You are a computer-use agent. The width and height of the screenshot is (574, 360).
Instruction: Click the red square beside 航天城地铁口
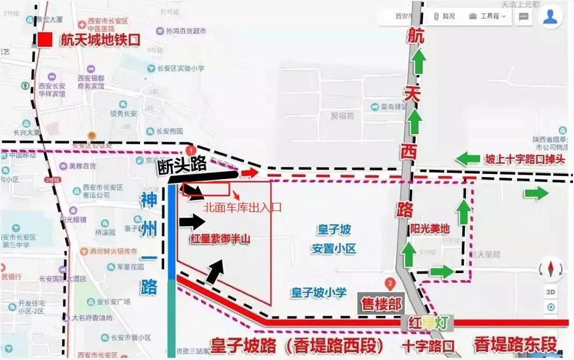point(45,40)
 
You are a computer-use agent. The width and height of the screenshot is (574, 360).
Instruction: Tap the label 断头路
point(182,165)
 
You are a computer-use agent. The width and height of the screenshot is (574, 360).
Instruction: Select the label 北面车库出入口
point(242,207)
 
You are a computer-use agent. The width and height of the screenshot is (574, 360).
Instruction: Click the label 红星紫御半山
point(219,240)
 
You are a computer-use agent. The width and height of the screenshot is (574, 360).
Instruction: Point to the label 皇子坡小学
point(317,293)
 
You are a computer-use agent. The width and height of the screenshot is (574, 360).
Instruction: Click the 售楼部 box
point(380,304)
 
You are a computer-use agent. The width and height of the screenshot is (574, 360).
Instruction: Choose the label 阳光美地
point(430,228)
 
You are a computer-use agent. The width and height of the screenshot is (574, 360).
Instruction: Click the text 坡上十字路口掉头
point(525,159)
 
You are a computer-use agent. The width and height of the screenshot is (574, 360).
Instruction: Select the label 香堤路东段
point(515,344)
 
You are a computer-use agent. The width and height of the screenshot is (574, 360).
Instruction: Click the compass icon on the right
point(551,269)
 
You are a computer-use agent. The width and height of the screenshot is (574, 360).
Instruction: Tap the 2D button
point(551,292)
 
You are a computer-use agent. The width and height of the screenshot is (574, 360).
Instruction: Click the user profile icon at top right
point(550,17)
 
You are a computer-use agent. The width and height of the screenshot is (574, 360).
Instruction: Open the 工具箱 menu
point(487,16)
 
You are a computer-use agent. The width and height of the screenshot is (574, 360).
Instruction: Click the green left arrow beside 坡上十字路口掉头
point(468,159)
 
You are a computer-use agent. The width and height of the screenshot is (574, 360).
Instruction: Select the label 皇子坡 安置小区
point(333,239)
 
